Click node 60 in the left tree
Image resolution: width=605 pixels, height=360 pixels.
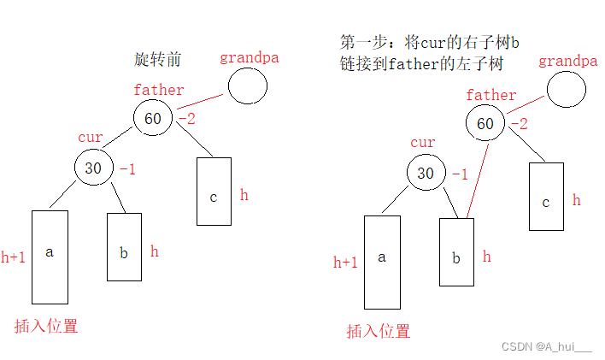[153, 118]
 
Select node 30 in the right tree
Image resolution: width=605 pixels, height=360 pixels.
[426, 174]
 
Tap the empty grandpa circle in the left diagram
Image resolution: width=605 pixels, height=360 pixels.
[246, 87]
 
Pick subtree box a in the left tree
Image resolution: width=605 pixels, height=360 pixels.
[50, 256]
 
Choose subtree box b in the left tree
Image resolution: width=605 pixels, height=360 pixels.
[124, 246]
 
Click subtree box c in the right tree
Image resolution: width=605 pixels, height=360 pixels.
[546, 197]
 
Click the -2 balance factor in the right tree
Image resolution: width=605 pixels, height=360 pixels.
[517, 124]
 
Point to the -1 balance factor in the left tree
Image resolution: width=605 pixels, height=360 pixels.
[127, 169]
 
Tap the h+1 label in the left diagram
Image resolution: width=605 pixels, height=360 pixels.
[13, 257]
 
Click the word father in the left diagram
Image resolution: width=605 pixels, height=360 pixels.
[159, 89]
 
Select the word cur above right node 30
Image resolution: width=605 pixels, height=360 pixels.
[423, 143]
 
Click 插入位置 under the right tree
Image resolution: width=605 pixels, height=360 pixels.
[379, 331]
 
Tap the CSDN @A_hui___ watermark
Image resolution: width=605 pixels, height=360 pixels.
[546, 346]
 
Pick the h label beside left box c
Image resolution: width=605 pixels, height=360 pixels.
[244, 195]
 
